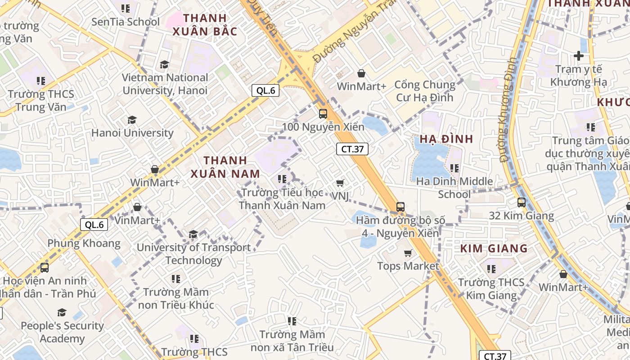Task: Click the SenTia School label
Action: tap(126, 22)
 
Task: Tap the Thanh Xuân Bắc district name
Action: tap(205, 25)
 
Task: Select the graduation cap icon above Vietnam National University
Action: tap(164, 65)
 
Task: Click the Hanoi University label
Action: tap(132, 133)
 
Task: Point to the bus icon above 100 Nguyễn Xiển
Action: tap(323, 114)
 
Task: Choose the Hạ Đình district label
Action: tap(446, 139)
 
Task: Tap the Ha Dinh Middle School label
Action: tap(454, 188)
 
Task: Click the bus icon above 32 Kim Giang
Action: tap(522, 202)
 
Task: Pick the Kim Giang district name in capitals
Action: tap(494, 248)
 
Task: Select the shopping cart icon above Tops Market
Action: tap(408, 253)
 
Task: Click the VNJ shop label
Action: tap(340, 196)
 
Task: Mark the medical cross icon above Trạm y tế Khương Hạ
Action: tap(579, 56)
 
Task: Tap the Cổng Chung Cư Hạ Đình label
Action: tap(425, 91)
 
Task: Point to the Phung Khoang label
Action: tap(84, 243)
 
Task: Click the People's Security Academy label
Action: tap(62, 332)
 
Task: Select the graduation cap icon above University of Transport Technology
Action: tap(193, 234)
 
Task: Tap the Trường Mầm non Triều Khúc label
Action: tap(176, 298)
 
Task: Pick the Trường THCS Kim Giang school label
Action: tap(491, 289)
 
